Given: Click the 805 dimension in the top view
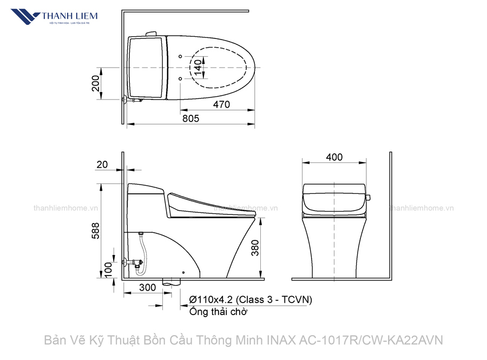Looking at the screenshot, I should (x=190, y=118).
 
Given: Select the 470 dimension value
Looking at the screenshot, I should (x=221, y=104).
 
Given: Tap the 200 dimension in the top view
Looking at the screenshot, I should (x=95, y=83).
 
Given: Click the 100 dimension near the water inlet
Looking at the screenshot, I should (x=108, y=269).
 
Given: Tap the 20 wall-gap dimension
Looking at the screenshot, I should (x=102, y=165).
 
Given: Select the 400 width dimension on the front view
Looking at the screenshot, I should (x=334, y=157).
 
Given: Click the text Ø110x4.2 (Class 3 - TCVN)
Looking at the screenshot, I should (x=251, y=299).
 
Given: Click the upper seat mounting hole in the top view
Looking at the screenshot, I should (x=179, y=56).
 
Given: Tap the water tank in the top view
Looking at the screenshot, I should (x=146, y=67).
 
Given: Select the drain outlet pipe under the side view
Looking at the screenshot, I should (x=173, y=282).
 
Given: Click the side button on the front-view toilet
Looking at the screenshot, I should (x=368, y=197).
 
